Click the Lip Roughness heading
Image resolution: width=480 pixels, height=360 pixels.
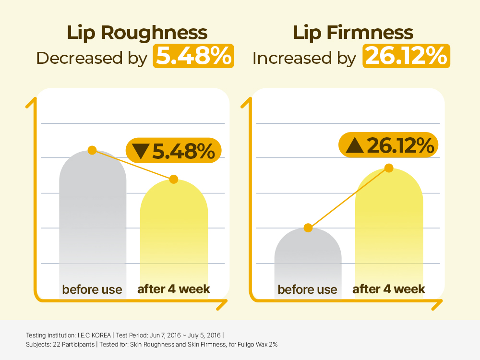coord(137,33)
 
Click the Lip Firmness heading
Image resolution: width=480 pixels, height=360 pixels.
coord(353,33)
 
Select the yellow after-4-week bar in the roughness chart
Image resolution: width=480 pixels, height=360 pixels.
coord(174,235)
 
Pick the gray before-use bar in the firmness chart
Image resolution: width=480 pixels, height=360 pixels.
coord(308,259)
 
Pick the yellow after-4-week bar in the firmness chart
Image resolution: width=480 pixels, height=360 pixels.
coord(389,226)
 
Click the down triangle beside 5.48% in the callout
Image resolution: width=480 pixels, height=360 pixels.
coord(141,152)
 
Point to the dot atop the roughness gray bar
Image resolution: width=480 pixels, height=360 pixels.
coord(93,150)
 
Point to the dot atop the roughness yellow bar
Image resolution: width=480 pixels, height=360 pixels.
coord(174,179)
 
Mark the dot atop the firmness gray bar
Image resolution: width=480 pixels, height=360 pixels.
coord(308,228)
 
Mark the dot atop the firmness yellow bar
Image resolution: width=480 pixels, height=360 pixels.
coord(389,168)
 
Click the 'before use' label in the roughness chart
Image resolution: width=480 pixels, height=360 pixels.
coord(92,289)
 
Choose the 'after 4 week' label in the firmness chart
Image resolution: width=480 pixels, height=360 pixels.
coord(389,289)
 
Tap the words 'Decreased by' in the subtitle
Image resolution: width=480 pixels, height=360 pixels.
coord(92,58)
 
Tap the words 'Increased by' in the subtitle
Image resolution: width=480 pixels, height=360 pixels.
coord(304,58)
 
